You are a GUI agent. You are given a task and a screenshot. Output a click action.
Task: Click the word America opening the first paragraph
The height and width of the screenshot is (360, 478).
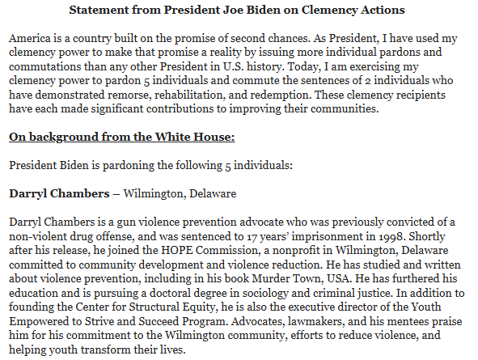tap(32, 39)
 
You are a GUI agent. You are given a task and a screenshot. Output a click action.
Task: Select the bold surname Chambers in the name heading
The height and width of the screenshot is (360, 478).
tap(80, 193)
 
